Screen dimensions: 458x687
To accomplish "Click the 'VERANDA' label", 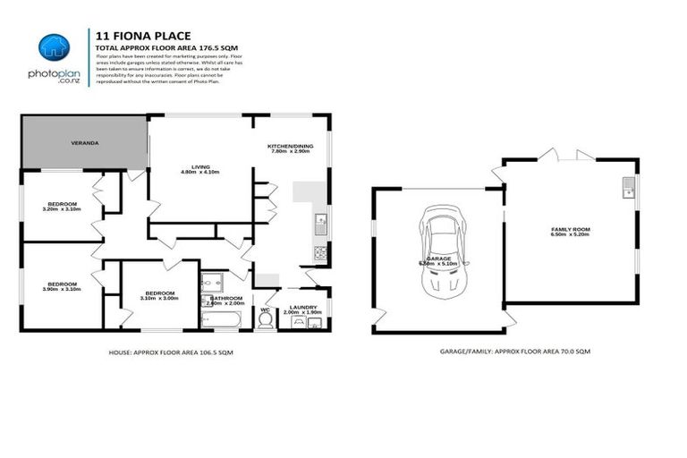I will click(85, 143).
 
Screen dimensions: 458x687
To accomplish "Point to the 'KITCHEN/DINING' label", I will click(288, 146).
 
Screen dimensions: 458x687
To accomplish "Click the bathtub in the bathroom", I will click(221, 318).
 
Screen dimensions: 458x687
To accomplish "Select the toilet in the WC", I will click(264, 319).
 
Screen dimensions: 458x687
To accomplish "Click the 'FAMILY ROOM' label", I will click(570, 230).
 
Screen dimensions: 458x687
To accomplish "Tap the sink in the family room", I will click(629, 187).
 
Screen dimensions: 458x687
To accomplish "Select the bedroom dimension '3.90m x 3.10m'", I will click(62, 288).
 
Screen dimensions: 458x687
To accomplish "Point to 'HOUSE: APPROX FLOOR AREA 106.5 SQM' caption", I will click(171, 352).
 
